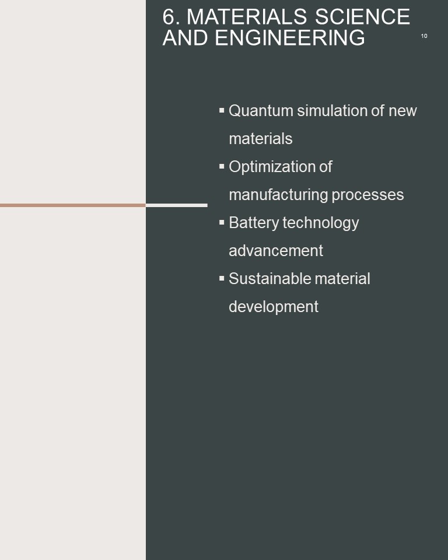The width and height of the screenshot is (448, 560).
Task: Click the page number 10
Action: [424, 36]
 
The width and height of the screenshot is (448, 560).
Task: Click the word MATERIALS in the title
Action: [247, 17]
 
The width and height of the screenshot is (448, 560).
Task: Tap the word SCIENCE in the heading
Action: [362, 17]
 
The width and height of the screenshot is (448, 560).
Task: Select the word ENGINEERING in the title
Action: [290, 38]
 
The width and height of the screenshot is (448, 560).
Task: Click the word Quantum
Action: [261, 111]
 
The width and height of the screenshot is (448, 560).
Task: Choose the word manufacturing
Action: [278, 195]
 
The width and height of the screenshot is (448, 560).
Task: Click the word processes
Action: [367, 195]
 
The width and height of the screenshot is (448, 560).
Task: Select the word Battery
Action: [254, 223]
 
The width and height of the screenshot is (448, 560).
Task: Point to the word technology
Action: [321, 223]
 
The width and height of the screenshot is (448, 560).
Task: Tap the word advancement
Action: [276, 251]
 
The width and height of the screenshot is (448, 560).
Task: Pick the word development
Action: [274, 307]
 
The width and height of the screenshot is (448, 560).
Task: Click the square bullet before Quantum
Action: [222, 110]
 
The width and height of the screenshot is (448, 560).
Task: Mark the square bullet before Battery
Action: [222, 222]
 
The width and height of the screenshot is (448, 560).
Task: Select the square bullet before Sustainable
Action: [222, 278]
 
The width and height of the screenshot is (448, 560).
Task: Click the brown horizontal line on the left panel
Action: [73, 205]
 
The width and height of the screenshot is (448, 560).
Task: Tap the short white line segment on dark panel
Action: [177, 205]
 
